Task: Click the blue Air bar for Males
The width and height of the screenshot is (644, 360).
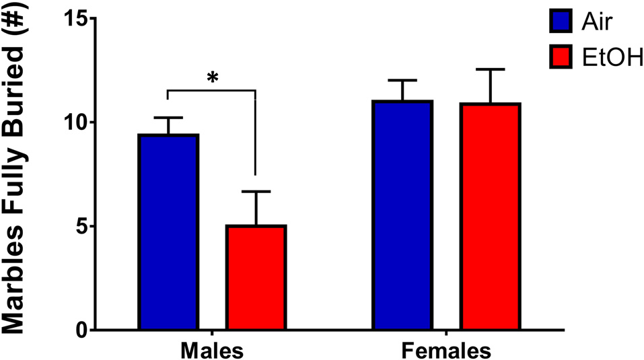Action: (168, 232)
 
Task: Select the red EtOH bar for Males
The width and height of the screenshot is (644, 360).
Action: (256, 277)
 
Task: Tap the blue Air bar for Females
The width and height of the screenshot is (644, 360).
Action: (402, 215)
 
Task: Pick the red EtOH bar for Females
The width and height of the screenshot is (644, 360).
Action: (490, 217)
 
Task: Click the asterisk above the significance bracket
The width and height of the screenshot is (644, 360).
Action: (213, 78)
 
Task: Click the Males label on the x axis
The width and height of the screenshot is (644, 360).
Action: (211, 351)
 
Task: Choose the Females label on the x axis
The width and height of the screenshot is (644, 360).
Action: (446, 351)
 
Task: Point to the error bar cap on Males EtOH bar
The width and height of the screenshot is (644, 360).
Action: (256, 192)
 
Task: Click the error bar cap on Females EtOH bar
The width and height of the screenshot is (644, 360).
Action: (490, 69)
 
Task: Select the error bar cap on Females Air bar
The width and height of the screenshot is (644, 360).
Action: (402, 81)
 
